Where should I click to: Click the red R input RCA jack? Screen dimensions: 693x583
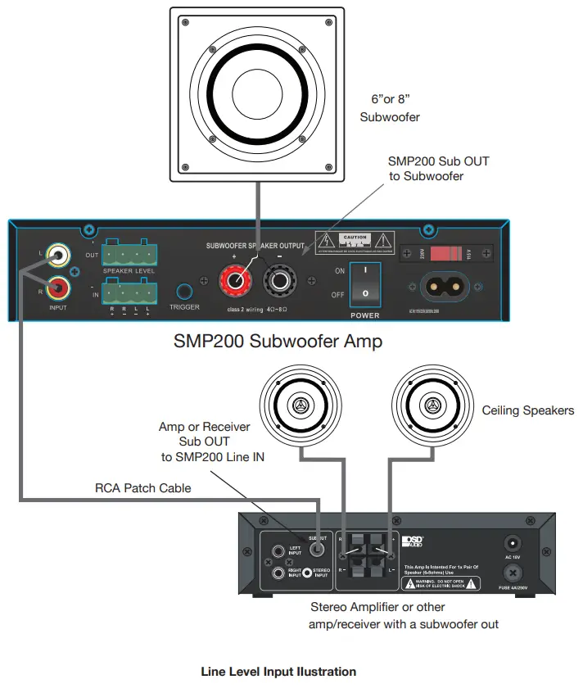click(x=58, y=287)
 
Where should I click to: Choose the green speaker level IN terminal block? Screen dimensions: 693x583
click(x=129, y=292)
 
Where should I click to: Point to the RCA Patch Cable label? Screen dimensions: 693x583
click(x=142, y=488)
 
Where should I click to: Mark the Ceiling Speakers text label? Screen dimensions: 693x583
click(x=528, y=410)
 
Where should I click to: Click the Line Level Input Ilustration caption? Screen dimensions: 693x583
click(x=278, y=672)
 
